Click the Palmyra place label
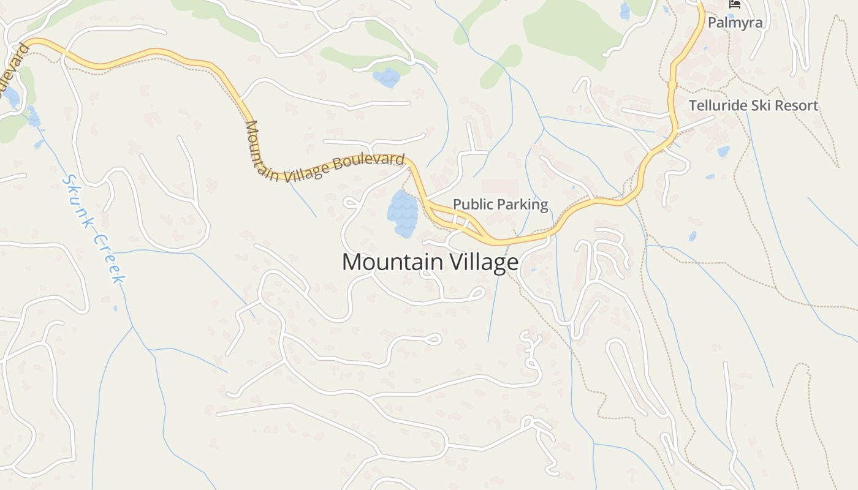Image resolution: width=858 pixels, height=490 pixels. coord(735,23)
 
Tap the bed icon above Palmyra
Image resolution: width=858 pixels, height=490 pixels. coord(734,4)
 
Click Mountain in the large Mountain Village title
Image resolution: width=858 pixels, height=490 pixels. coord(393,262)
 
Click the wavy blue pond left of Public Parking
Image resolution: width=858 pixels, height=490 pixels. coord(403,213)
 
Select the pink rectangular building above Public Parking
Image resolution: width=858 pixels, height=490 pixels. coord(499,188)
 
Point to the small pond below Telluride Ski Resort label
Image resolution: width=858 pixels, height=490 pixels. coord(723,151)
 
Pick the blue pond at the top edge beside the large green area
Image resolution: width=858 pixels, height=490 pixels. coord(625,10)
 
